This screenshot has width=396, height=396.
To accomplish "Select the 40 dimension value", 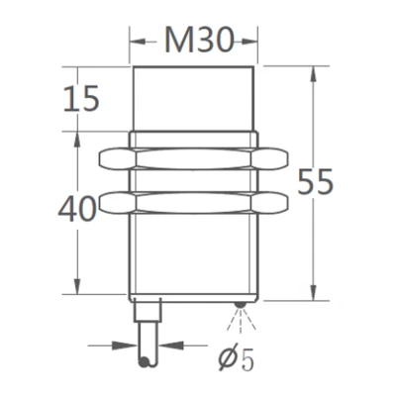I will point(76,209).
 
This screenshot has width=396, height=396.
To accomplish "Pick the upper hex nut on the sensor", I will point(196,156).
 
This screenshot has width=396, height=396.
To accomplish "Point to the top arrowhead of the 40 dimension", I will point(74,137).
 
